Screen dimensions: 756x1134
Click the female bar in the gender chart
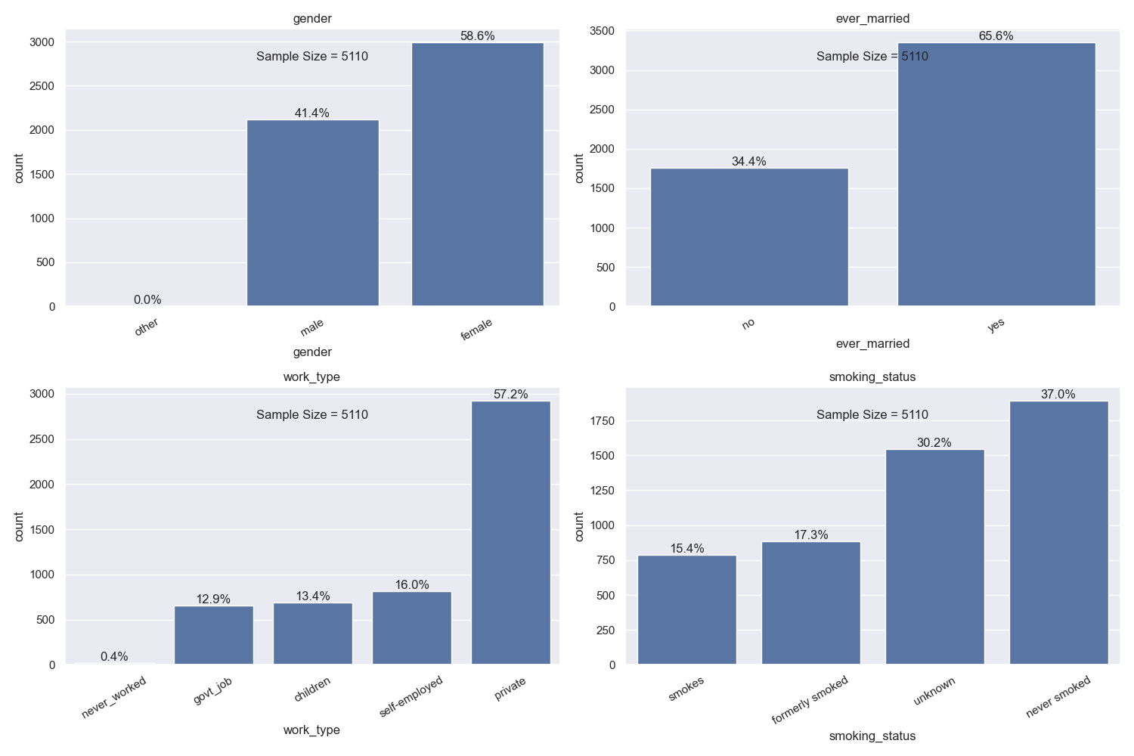pos(477,174)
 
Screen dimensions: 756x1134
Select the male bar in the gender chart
pos(312,212)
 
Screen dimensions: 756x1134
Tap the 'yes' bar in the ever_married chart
pos(996,174)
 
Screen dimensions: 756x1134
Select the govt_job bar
pos(213,635)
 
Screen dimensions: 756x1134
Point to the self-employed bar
pos(411,627)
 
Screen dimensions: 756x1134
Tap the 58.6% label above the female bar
pos(477,36)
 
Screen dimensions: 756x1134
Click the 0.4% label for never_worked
pos(114,657)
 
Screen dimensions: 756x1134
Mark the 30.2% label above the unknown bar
pos(934,443)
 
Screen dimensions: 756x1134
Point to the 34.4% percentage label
pos(748,162)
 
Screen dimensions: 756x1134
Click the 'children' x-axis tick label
pos(312,689)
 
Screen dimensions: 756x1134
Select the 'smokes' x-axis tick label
pos(686,688)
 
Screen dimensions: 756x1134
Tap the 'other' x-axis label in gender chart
pos(147,327)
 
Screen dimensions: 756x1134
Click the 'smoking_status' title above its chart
pos(872,377)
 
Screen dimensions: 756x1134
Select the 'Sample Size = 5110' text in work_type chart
pos(311,415)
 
